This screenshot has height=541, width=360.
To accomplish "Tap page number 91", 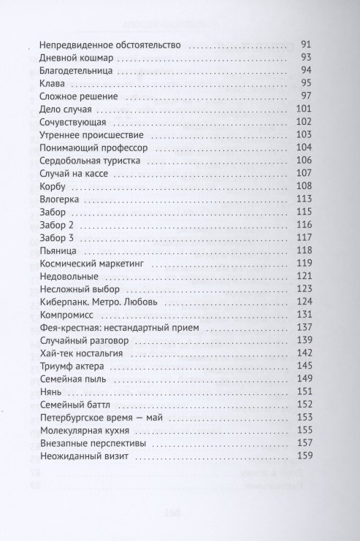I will pyautogui.click(x=305, y=46).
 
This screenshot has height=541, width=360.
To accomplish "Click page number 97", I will pyautogui.click(x=305, y=98).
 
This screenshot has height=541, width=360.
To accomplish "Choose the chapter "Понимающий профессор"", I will pyautogui.click(x=85, y=147).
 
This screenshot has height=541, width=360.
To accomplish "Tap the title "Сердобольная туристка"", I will pyautogui.click(x=85, y=161).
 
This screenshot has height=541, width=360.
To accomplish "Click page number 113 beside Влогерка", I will pyautogui.click(x=303, y=199).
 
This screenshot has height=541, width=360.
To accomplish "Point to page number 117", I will pyautogui.click(x=303, y=237).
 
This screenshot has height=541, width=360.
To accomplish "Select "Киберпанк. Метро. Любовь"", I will pyautogui.click(x=90, y=302).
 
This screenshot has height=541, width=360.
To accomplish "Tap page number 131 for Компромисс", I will pyautogui.click(x=303, y=315).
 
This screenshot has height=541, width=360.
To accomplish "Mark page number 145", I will pyautogui.click(x=303, y=367).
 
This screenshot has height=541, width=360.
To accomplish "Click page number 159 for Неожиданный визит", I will pyautogui.click(x=303, y=456).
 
